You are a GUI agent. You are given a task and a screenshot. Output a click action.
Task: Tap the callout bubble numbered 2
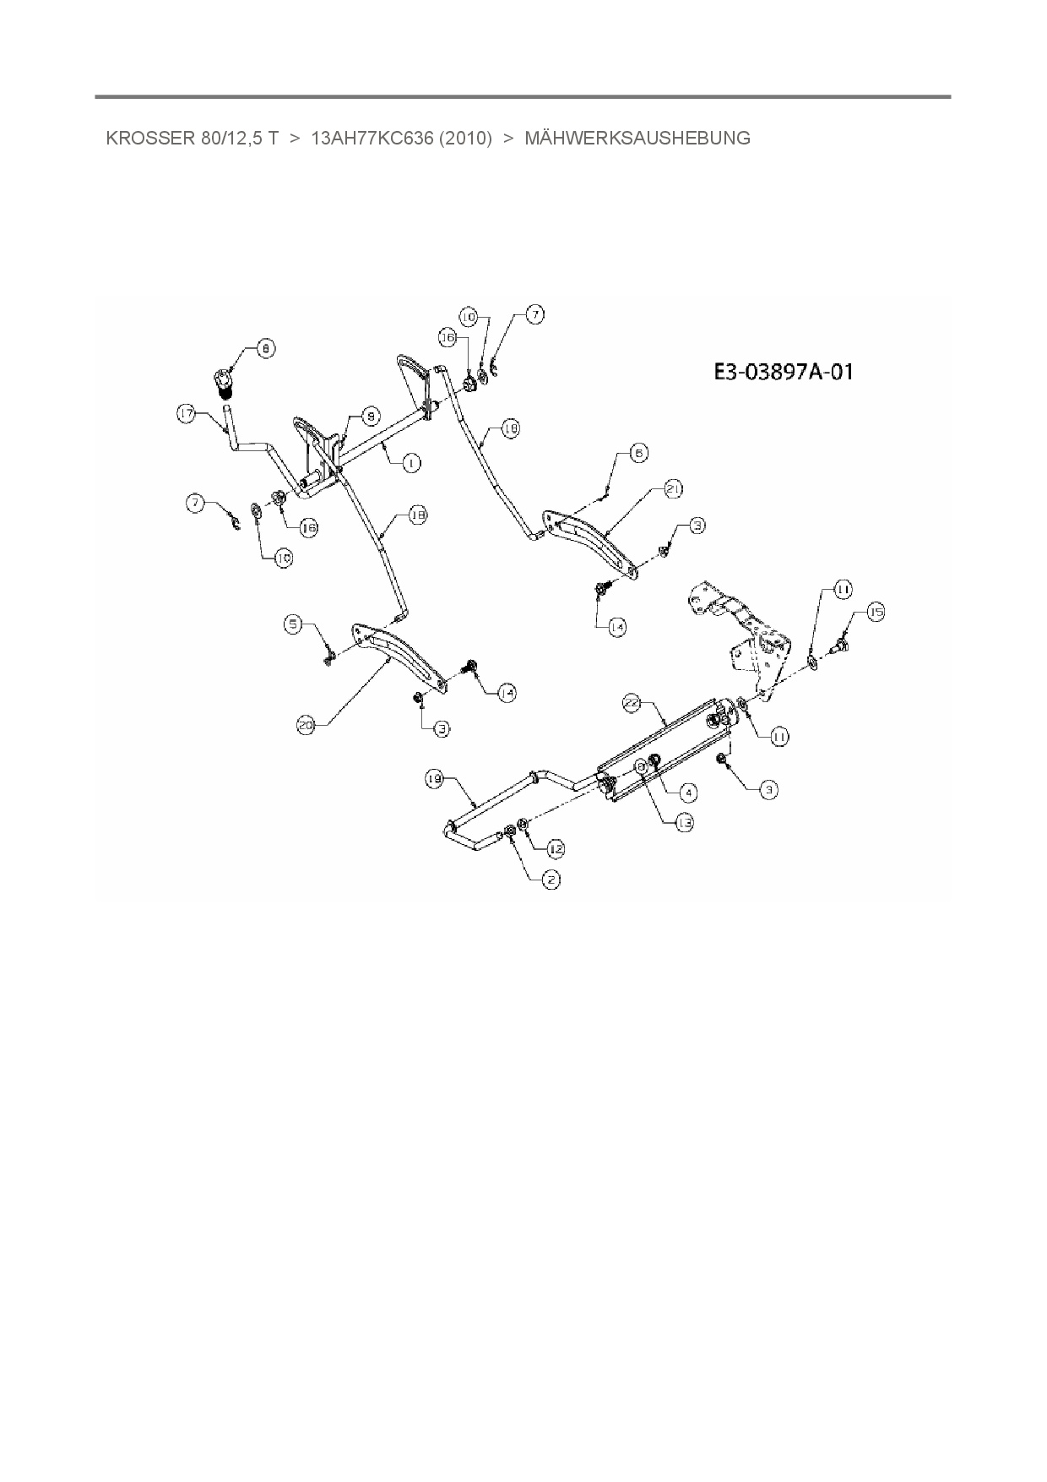click(551, 880)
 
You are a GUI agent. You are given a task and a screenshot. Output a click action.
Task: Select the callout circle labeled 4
click(689, 792)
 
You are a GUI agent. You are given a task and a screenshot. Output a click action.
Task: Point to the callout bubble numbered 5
click(293, 624)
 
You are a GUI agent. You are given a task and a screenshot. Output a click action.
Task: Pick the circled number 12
click(556, 848)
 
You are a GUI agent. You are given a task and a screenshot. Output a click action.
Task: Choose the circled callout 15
click(876, 613)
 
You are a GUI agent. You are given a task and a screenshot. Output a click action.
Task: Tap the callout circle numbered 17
click(187, 413)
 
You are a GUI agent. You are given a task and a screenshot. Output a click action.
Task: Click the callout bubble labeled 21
click(673, 488)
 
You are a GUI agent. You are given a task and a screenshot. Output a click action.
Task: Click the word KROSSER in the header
click(138, 139)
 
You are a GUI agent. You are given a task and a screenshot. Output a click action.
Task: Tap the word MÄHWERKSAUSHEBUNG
click(637, 139)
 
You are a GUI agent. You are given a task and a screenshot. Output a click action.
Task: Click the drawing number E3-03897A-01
click(783, 372)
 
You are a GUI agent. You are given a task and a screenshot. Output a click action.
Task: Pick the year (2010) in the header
click(465, 139)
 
